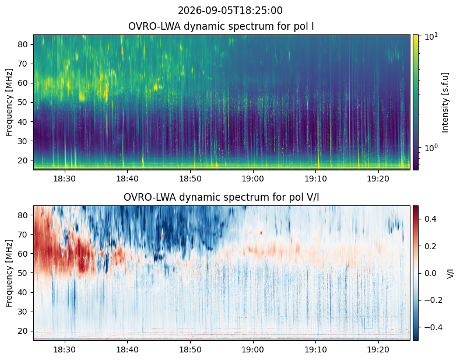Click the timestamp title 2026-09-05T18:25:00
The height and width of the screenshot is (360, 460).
point(230,11)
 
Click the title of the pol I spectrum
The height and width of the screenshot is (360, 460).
point(221,26)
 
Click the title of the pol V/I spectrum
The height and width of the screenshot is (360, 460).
point(221,197)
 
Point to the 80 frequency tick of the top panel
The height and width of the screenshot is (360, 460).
point(23,44)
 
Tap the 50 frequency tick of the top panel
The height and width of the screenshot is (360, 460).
point(23,103)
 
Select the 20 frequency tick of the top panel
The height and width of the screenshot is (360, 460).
point(23,160)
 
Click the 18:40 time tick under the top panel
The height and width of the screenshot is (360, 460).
point(127,179)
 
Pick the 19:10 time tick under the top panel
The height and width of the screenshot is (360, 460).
point(315,179)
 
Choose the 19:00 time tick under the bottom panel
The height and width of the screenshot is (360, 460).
point(253,349)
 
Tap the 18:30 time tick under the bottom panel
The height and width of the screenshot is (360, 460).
point(65,349)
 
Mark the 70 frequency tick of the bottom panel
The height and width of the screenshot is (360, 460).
point(23,235)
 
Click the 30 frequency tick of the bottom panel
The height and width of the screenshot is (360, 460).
point(23,312)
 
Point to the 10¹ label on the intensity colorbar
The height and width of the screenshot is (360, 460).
point(431,36)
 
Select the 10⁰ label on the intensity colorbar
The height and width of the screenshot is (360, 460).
point(431,148)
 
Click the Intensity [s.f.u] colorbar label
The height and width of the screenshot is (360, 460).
point(445,103)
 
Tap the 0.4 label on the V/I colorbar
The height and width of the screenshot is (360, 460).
point(430,219)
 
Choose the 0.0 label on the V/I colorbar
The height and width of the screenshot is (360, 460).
point(430,273)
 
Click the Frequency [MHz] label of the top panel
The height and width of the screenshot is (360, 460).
point(9,103)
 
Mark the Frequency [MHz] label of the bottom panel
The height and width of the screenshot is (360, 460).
point(9,274)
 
